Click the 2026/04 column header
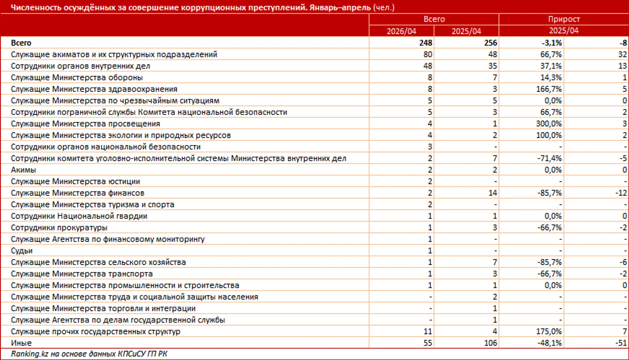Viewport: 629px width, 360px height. pyautogui.click(x=401, y=31)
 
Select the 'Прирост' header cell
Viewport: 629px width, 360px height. pyautogui.click(x=564, y=19)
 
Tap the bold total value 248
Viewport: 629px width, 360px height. pyautogui.click(x=425, y=43)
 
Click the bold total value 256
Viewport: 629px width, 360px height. pyautogui.click(x=490, y=43)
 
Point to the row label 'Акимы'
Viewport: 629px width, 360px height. pyautogui.click(x=24, y=170)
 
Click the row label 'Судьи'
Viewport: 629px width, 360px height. pyautogui.click(x=22, y=251)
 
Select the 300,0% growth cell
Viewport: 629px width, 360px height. pyautogui.click(x=549, y=124)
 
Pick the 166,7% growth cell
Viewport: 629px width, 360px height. pyautogui.click(x=549, y=89)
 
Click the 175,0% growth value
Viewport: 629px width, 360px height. pyautogui.click(x=549, y=331)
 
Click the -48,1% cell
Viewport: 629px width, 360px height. pyautogui.click(x=550, y=343)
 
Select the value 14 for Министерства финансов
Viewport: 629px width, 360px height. pyautogui.click(x=493, y=193)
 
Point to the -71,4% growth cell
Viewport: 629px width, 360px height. pyautogui.click(x=550, y=158)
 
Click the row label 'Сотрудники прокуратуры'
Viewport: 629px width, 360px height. pyautogui.click(x=59, y=228)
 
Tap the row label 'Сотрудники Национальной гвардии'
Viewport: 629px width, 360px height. pyautogui.click(x=79, y=216)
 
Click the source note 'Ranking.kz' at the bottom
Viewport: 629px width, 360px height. pyautogui.click(x=29, y=354)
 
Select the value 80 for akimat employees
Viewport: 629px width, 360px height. pyautogui.click(x=428, y=54)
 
